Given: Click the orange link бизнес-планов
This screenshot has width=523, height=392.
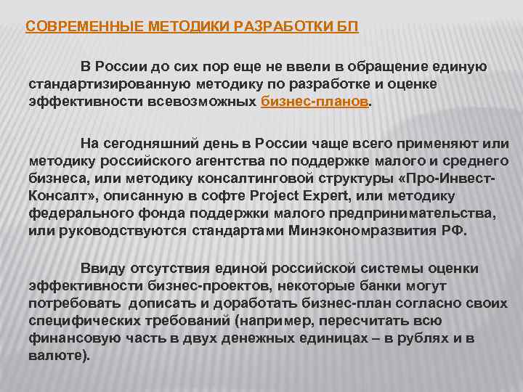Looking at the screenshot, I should coord(315,102).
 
